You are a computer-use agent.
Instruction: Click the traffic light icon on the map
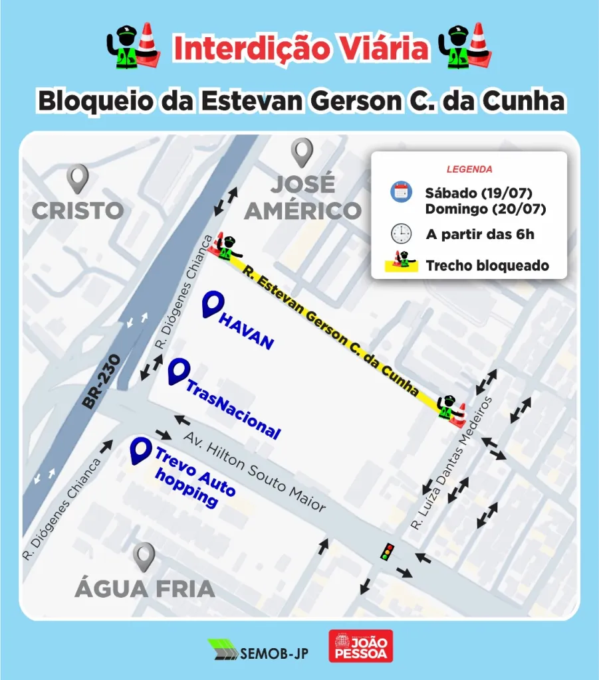tap(386, 551)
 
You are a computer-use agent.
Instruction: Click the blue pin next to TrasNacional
tap(177, 372)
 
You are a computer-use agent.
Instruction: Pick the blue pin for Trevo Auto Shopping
tap(140, 451)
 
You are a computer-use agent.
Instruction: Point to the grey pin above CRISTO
tap(78, 179)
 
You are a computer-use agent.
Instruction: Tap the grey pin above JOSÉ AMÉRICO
tap(302, 152)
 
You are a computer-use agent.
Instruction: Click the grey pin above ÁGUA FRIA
tap(144, 556)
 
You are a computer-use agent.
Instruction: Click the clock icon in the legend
tap(401, 234)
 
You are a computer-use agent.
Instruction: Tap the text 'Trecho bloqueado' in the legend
tap(487, 266)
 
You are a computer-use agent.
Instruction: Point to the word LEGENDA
tap(469, 169)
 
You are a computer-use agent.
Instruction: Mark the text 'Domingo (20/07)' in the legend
tap(485, 210)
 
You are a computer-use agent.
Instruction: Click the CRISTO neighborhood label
tap(78, 211)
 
